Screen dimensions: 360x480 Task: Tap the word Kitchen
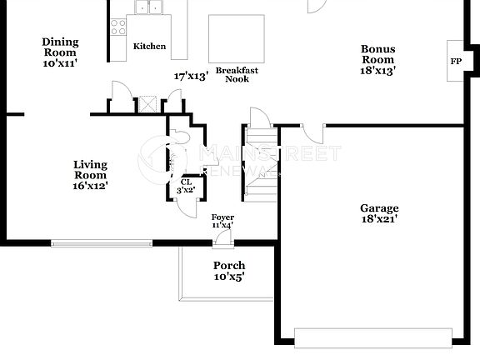coord(150,47)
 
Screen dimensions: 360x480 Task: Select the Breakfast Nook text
coord(236,74)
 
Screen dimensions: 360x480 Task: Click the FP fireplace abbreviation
coord(456,62)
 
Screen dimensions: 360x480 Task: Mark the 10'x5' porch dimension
coord(229,277)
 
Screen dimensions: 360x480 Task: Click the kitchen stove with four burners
coord(117,25)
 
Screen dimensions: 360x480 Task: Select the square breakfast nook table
coord(236,37)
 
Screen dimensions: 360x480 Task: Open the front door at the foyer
coord(222,239)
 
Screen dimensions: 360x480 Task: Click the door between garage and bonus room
coord(312,132)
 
